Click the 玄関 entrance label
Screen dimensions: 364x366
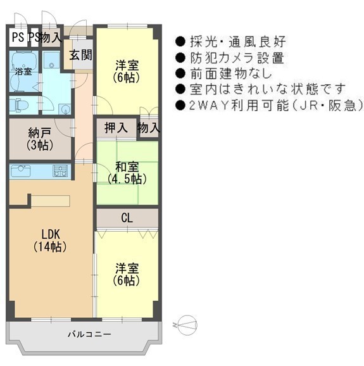coord(81,55)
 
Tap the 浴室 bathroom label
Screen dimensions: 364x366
coord(23,72)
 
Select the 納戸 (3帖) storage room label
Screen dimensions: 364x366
coord(40,139)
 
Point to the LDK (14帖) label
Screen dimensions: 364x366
coord(50,241)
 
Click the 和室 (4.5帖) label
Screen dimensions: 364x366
coord(127,173)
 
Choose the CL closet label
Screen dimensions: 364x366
coord(127,218)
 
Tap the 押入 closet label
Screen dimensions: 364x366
coord(116,128)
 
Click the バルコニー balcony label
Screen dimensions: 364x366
coord(89,334)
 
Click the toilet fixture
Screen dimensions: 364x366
coord(20,105)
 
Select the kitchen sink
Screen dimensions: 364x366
coord(21,172)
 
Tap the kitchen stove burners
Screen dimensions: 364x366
coord(60,171)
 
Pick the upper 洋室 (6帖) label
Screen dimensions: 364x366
coord(127,72)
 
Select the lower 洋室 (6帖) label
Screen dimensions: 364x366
coord(127,275)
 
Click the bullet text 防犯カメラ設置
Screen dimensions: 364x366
coord(237,58)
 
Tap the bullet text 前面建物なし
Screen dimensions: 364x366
coord(231,73)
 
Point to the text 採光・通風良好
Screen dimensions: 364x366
coord(238,42)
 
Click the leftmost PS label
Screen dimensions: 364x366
coord(18,37)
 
